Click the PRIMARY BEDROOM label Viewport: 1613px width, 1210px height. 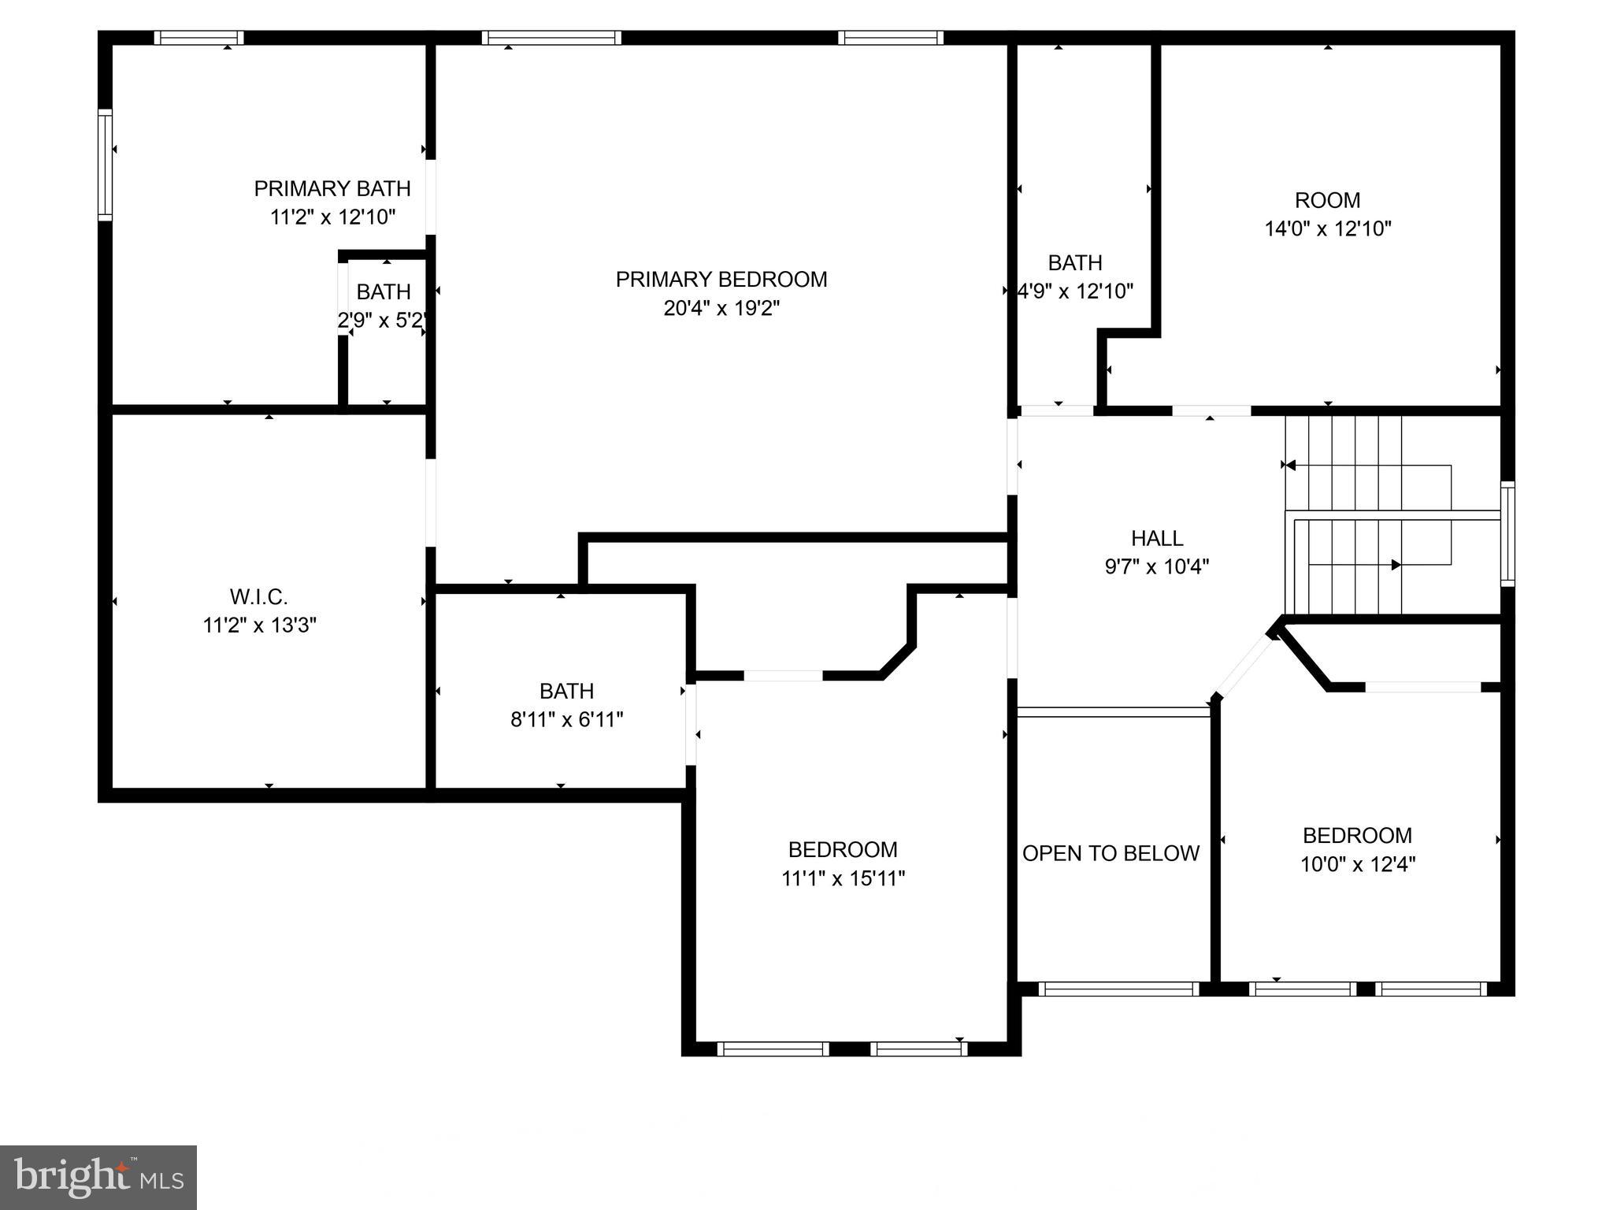[721, 280]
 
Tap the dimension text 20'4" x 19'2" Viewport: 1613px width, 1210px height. [721, 308]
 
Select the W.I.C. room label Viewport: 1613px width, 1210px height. [258, 596]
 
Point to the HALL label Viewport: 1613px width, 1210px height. [1156, 538]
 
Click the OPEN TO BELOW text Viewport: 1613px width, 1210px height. [1111, 853]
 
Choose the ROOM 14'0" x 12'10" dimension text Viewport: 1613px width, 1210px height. [1328, 228]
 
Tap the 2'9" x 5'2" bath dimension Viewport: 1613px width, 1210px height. [383, 321]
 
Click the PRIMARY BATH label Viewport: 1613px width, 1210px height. [332, 188]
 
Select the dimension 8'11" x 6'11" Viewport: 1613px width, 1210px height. [566, 719]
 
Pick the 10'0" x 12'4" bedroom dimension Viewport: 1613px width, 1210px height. [1357, 864]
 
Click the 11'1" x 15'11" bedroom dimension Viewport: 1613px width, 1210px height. [843, 878]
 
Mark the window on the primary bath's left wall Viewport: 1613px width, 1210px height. [105, 165]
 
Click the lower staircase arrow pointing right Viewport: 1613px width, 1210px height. [1396, 565]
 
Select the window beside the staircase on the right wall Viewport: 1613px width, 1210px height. [1507, 533]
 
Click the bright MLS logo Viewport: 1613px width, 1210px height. [98, 1177]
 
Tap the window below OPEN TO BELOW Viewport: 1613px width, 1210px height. [1118, 989]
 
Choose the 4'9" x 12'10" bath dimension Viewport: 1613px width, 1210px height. [1076, 291]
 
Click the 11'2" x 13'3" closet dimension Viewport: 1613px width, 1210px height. [259, 625]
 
